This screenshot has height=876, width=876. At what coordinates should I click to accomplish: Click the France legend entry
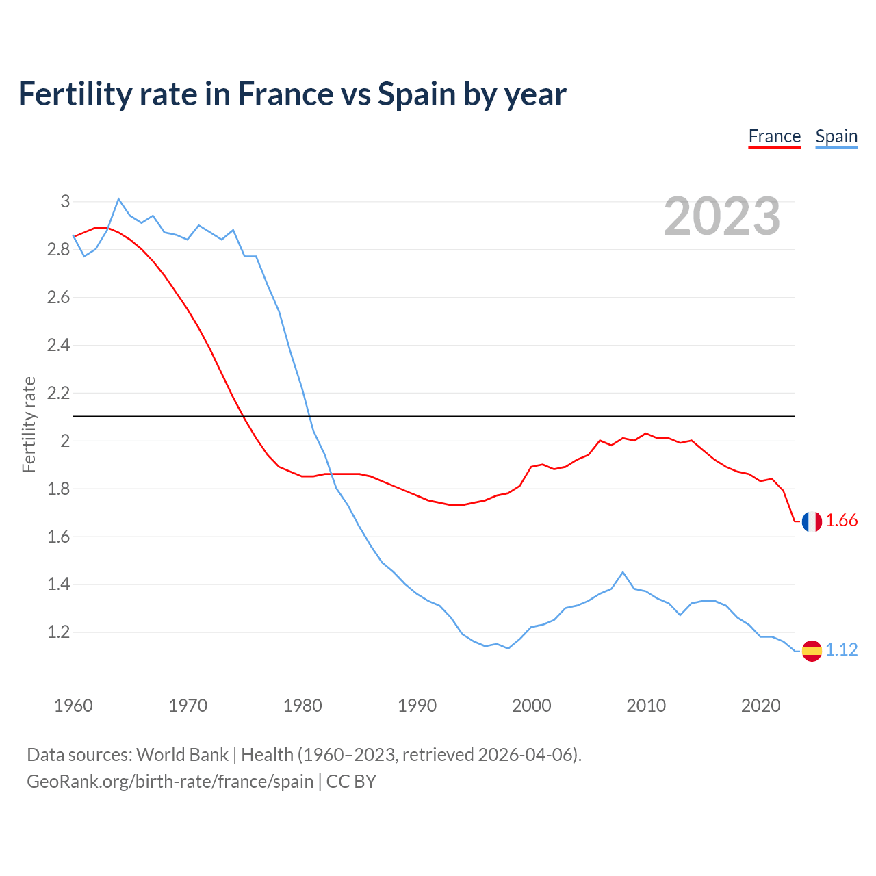[x=774, y=136]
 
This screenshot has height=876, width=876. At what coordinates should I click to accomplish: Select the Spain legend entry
[x=836, y=136]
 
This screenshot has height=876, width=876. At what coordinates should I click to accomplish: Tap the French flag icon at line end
[x=812, y=521]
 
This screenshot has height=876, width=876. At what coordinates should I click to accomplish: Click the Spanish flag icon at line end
[x=812, y=650]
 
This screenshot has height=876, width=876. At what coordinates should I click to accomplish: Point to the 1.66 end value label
[x=841, y=521]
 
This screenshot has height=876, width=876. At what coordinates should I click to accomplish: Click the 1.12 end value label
[x=841, y=649]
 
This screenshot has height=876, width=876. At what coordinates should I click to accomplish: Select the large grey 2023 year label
[x=721, y=216]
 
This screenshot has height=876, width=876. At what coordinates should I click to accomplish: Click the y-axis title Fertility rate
[x=29, y=424]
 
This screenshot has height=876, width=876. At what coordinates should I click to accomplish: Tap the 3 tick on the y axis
[x=65, y=201]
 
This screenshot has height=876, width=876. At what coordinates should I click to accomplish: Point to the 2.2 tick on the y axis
[x=59, y=393]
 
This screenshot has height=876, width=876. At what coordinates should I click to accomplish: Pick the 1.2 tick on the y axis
[x=59, y=632]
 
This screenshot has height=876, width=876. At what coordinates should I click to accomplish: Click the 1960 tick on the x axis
[x=73, y=706]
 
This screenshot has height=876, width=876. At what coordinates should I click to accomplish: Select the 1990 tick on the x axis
[x=417, y=706]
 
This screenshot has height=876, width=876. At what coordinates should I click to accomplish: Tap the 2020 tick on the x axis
[x=760, y=706]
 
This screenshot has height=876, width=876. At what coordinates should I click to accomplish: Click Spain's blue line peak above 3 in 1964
[x=118, y=199]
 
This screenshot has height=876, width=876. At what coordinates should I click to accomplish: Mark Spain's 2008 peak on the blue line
[x=622, y=572]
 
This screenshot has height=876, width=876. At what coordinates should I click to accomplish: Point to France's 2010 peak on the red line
[x=645, y=433]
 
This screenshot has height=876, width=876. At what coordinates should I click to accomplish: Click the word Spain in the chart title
[x=417, y=94]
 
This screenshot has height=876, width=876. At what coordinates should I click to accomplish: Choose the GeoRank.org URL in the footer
[x=170, y=781]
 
